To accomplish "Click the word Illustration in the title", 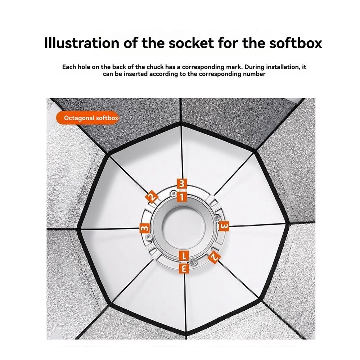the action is [81, 43].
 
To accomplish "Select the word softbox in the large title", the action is [296, 43].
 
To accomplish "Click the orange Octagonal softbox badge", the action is [87, 118].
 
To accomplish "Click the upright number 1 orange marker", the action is [181, 197].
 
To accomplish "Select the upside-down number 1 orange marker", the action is [184, 256].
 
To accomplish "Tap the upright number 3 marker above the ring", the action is [181, 184].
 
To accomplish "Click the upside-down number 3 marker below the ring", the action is [184, 268].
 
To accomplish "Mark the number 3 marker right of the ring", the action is [224, 226].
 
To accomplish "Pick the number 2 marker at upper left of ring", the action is [152, 197].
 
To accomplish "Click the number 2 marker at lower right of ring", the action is [214, 257].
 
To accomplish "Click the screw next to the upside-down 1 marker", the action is [193, 260].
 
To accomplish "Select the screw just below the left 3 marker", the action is [149, 237].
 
